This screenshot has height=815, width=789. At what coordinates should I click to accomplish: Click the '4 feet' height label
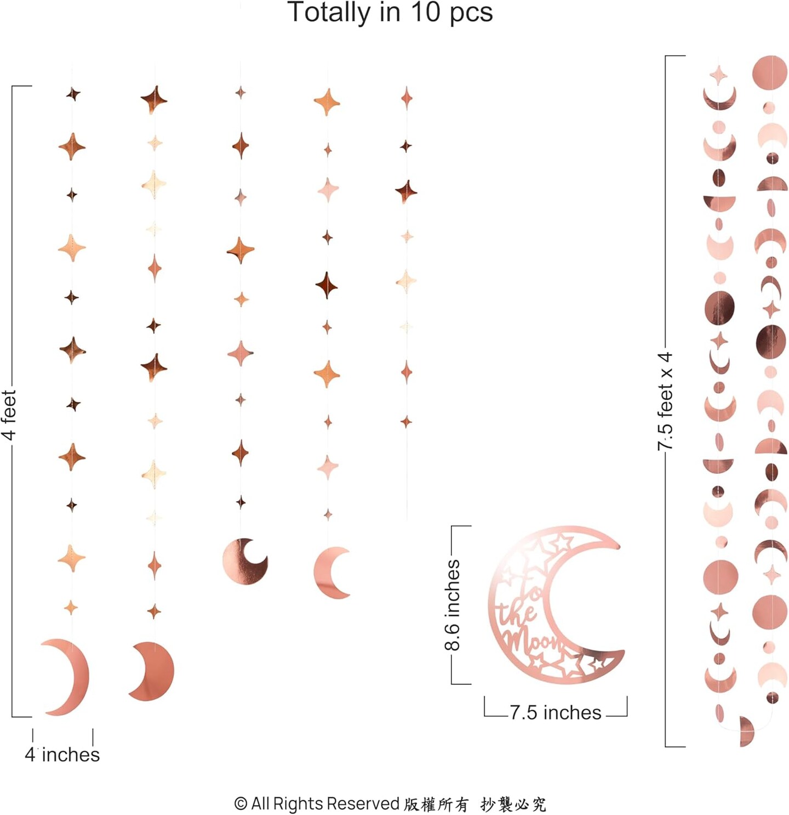click(x=9, y=415)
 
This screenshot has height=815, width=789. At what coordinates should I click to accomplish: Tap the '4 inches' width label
click(x=62, y=755)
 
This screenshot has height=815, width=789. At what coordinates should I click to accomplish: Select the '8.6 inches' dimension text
click(x=453, y=605)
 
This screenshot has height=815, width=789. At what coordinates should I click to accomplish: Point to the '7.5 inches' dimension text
click(x=555, y=712)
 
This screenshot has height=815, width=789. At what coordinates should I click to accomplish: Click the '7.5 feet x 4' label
click(x=665, y=401)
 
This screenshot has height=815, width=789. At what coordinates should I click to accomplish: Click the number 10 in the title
click(x=425, y=12)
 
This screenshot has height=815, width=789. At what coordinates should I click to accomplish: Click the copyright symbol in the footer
click(x=241, y=803)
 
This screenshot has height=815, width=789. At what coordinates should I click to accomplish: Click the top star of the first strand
click(x=73, y=94)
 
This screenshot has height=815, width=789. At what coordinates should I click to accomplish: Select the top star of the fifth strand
click(x=406, y=98)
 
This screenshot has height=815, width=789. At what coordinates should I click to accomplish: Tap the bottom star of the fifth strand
click(x=406, y=422)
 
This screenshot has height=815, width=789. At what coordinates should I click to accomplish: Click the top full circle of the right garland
click(x=769, y=72)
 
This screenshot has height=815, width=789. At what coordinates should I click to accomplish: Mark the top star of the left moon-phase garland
click(x=719, y=74)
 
